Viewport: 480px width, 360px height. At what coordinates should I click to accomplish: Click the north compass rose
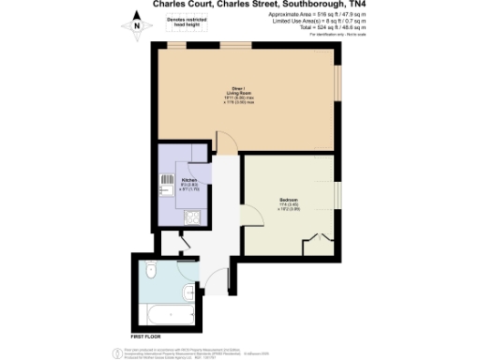point(136,26)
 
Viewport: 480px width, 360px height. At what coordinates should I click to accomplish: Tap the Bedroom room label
point(288,202)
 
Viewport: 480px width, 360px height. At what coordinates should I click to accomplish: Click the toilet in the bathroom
point(151,272)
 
